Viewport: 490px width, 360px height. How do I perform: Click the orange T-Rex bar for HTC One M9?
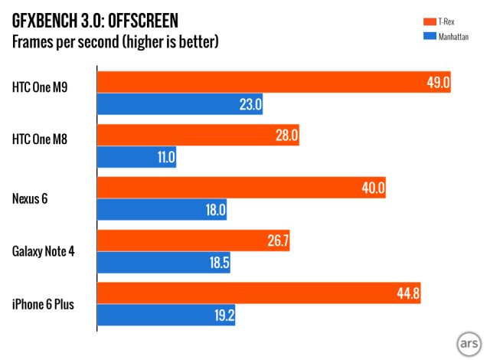point(273,83)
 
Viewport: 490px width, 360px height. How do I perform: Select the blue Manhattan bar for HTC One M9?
point(180,104)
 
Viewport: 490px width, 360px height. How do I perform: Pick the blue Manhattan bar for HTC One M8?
point(137,158)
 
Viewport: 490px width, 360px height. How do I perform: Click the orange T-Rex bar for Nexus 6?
point(241,188)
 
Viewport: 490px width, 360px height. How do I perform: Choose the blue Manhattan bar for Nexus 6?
point(162,211)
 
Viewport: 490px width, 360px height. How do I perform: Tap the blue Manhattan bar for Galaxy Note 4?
point(163,263)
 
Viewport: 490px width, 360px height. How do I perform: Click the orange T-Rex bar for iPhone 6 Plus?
point(259,293)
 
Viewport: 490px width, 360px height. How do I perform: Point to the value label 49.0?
point(437,83)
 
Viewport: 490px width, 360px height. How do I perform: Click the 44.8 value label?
point(408,293)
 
